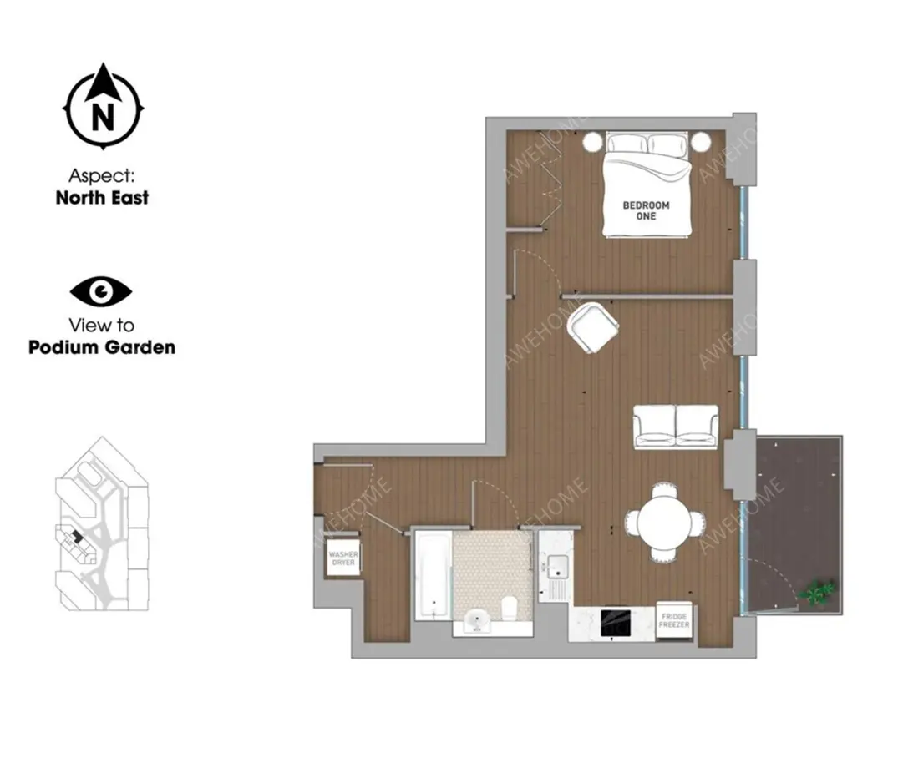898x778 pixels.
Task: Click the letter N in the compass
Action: (x=103, y=117)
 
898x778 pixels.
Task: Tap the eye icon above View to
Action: (x=101, y=291)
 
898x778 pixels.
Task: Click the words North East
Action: (x=103, y=198)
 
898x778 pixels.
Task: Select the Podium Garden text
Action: (x=102, y=347)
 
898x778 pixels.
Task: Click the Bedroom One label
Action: (x=646, y=210)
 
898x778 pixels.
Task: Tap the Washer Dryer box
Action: (x=343, y=558)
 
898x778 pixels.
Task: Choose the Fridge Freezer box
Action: (x=674, y=620)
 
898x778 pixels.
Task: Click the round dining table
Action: (x=664, y=522)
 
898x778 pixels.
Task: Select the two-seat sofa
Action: (x=675, y=427)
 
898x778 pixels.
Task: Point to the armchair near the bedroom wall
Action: (x=593, y=328)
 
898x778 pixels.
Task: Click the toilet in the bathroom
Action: (x=508, y=609)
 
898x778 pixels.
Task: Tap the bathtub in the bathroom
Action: (x=433, y=575)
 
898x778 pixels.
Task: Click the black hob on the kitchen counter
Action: (x=616, y=624)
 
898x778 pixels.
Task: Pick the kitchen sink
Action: (x=557, y=567)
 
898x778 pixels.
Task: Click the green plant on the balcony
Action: (x=819, y=592)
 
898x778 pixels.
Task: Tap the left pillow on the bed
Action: (x=627, y=144)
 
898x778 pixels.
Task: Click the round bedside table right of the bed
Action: (x=701, y=141)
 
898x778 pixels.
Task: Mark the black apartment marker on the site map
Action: (x=75, y=537)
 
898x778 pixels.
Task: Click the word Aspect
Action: (x=102, y=175)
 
